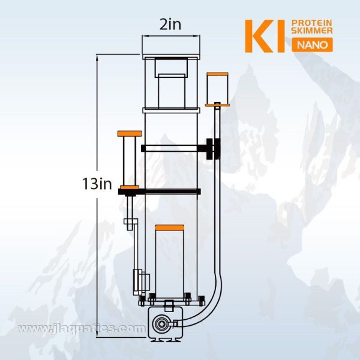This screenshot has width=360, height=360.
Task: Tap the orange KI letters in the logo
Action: (x=262, y=35)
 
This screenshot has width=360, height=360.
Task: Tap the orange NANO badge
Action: (x=309, y=46)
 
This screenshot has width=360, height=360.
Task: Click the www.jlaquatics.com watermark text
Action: (x=82, y=329)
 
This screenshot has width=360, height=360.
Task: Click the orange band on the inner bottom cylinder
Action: (x=169, y=227)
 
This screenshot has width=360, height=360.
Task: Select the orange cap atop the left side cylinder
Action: (x=130, y=133)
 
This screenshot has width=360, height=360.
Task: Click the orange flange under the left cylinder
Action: (x=130, y=188)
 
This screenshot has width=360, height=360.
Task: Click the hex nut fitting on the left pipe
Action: (x=129, y=227)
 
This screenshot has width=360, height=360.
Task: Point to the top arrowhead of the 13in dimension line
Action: (x=98, y=56)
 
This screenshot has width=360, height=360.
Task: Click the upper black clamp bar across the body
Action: (x=171, y=148)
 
